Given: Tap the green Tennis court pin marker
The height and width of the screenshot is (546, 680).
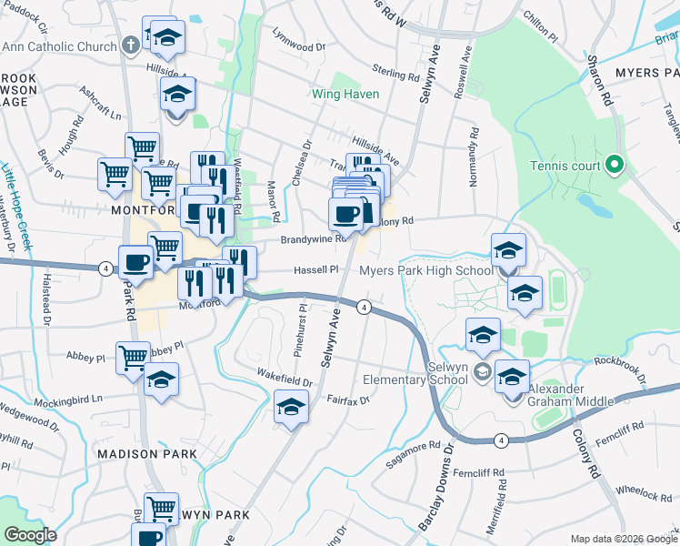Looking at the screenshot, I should coord(615,165).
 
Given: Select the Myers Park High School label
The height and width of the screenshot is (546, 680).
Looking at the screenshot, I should coord(426,270).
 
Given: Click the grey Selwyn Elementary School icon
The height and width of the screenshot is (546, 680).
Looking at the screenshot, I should coord(482,370).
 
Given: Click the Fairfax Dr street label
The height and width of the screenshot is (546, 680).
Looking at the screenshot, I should coord(347,399).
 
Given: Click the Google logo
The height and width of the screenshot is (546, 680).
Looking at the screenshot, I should coord(30,535).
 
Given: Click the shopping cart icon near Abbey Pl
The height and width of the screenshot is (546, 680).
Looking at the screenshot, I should coord(133,356).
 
